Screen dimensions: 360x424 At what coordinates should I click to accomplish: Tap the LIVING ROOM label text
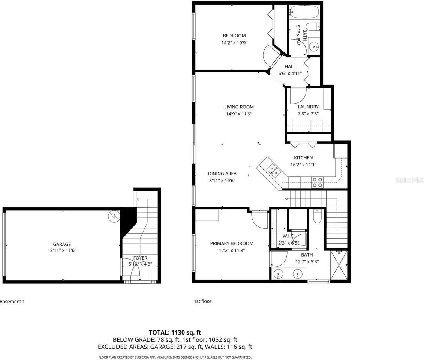[239, 107]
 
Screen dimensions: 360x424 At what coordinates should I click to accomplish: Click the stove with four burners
[317, 182]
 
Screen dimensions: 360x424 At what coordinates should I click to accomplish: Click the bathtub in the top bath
[304, 12]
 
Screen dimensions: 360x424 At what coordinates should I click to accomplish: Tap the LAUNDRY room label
[308, 107]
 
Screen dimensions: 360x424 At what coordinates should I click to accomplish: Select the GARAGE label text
[62, 244]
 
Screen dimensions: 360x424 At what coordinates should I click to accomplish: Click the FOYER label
[140, 258]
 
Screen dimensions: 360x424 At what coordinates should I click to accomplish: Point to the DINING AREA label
[222, 174]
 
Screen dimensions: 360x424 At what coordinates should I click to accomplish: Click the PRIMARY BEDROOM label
[231, 243]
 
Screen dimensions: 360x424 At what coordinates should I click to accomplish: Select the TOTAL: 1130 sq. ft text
[175, 332]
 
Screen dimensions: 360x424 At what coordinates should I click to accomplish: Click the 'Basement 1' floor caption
[12, 301]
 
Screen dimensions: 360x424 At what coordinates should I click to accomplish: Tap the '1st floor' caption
[202, 301]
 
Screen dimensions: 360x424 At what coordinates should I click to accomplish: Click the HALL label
[290, 67]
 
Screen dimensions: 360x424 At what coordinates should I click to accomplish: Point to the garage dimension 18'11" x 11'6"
[62, 250]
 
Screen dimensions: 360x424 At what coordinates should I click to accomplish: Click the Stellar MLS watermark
[409, 180]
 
